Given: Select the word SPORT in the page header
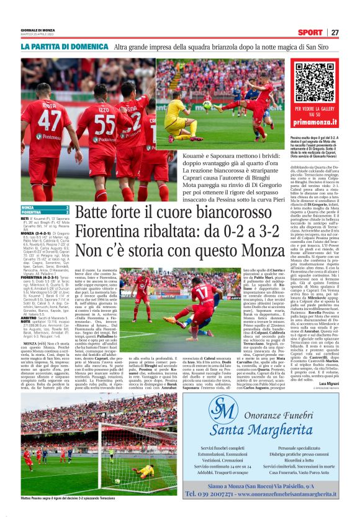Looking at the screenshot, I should (310, 32).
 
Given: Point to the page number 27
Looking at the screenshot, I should (335, 32).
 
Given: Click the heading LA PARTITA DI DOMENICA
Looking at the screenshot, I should (64, 47).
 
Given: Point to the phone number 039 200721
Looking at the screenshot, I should (212, 493).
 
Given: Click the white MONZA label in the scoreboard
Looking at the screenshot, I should (29, 207).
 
